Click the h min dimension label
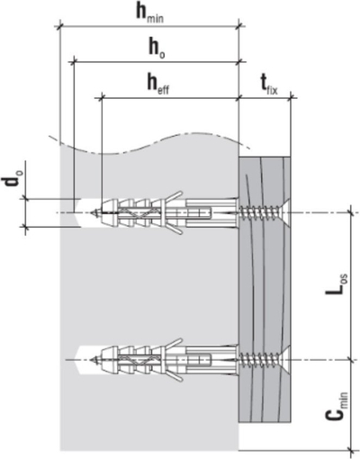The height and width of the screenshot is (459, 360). click(149, 13)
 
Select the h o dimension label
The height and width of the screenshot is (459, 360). click(157, 49)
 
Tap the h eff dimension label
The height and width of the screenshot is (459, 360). click(157, 85)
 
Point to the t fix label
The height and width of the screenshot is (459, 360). click(268, 86)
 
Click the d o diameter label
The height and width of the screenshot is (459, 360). click(12, 184)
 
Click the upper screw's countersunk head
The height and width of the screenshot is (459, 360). click(284, 212)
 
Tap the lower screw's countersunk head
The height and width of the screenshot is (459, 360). click(284, 359)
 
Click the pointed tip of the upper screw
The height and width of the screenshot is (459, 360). click(91, 212)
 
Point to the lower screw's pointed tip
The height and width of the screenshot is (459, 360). click(91, 359)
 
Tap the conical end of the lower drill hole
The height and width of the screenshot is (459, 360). click(79, 359)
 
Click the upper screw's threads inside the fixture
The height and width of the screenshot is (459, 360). click(258, 212)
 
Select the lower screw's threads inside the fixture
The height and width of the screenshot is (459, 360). click(258, 359)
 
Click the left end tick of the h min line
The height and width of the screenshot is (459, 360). click(61, 26)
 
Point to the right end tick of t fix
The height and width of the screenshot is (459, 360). click(292, 97)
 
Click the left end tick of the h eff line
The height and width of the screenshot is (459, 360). click(102, 97)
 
